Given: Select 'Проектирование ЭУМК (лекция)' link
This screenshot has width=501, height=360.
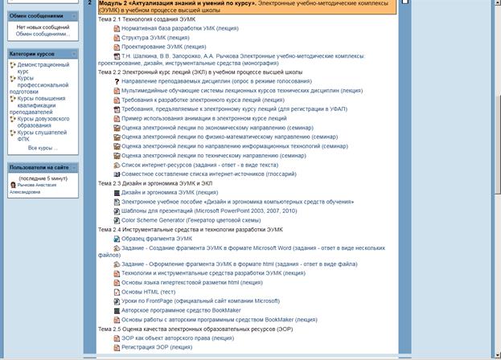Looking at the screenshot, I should coord(163,47).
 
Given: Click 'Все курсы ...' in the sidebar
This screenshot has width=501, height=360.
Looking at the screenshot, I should coord(43,149).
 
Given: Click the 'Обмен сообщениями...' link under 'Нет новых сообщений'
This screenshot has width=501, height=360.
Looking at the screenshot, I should coord(42,34).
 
